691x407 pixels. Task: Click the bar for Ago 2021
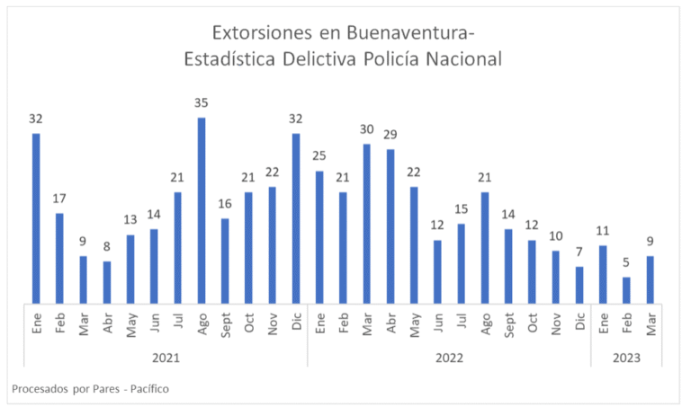[x=202, y=211]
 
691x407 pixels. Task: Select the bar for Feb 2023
[x=626, y=290]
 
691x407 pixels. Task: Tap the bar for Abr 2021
[x=107, y=282]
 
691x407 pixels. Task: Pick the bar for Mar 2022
[x=367, y=224]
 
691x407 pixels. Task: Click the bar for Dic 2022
[x=579, y=285]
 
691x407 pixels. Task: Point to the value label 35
[x=202, y=103]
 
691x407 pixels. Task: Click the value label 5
[x=626, y=262]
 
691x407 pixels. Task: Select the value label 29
[x=390, y=135]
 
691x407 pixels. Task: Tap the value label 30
[x=367, y=128]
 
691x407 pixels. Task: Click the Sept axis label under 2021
[x=226, y=323]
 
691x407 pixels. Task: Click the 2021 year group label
[x=166, y=357]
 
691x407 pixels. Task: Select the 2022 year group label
[x=449, y=357]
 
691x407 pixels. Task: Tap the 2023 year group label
[x=626, y=357]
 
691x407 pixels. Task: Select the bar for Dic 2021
[x=296, y=218]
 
